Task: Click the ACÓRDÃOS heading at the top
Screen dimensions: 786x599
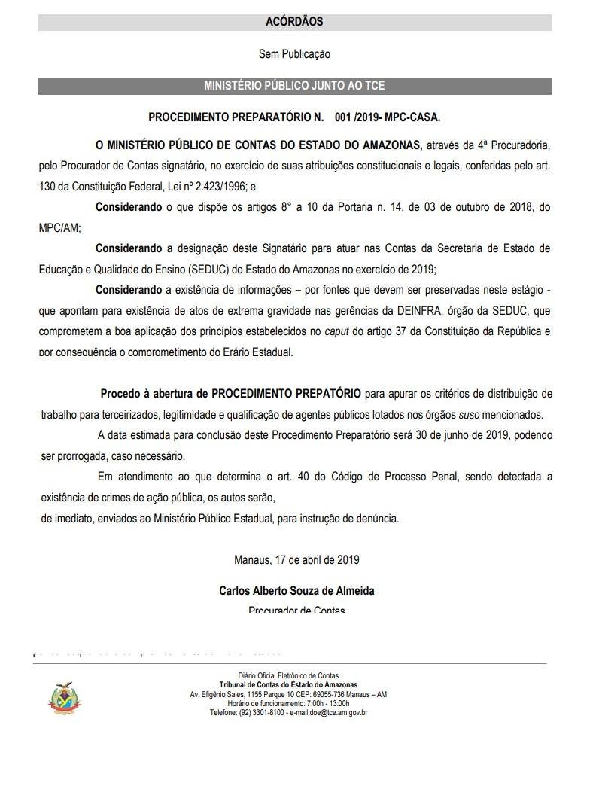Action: tap(294, 23)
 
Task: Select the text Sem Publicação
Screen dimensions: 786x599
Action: tap(294, 54)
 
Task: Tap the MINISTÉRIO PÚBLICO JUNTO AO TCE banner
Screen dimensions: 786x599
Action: tap(294, 86)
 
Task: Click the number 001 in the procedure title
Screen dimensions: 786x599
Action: tap(345, 118)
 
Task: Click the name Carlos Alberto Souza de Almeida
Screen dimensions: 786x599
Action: tap(296, 591)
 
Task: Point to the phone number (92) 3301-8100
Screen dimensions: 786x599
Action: tap(260, 712)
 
